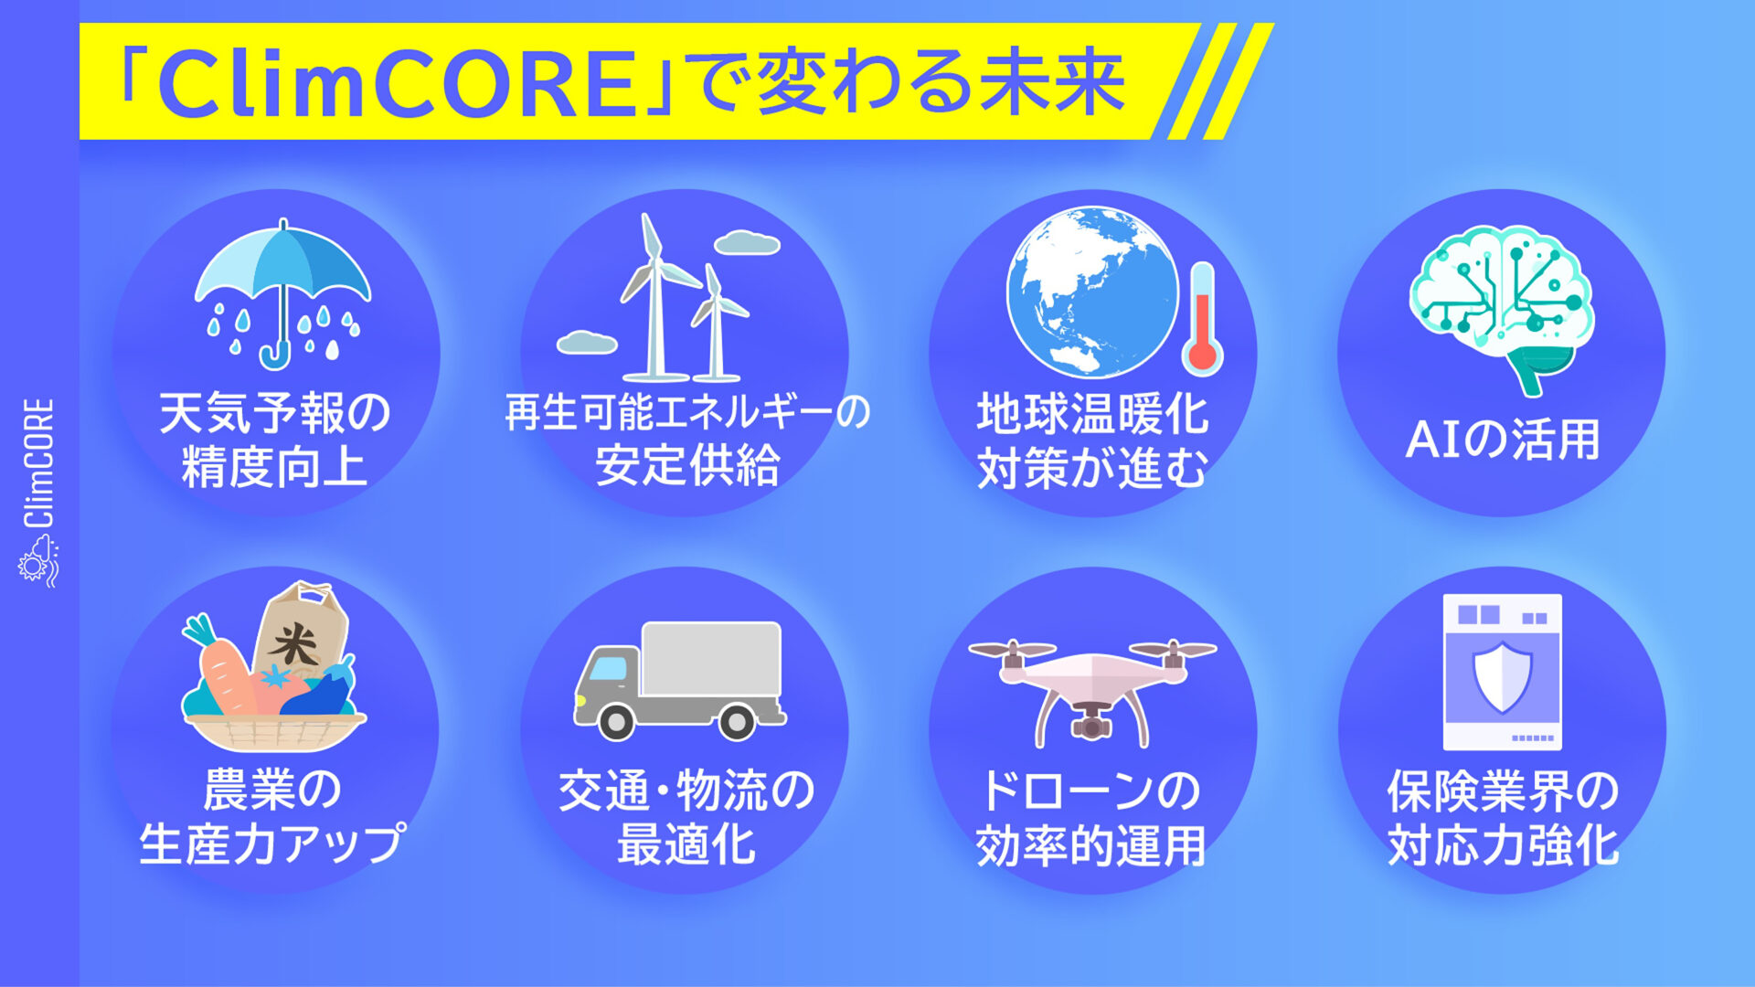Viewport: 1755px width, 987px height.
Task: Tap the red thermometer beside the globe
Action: (1202, 319)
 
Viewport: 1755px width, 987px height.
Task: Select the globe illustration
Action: (1093, 292)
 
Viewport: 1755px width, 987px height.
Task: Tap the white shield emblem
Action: (1503, 676)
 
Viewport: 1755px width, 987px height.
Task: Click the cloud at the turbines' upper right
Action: (747, 243)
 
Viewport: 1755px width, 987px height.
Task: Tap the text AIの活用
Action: (1503, 440)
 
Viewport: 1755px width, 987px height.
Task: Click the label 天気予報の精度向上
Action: (275, 440)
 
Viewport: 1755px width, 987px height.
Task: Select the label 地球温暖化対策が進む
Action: (1093, 440)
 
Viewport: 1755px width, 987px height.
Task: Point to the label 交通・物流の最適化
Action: (686, 817)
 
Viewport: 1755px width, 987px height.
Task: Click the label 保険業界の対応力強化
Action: (1503, 817)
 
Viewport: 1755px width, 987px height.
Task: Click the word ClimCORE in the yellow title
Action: (398, 84)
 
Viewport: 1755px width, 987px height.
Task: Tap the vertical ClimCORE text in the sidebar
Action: (38, 462)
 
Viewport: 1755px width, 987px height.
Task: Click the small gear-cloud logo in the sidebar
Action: (38, 560)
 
